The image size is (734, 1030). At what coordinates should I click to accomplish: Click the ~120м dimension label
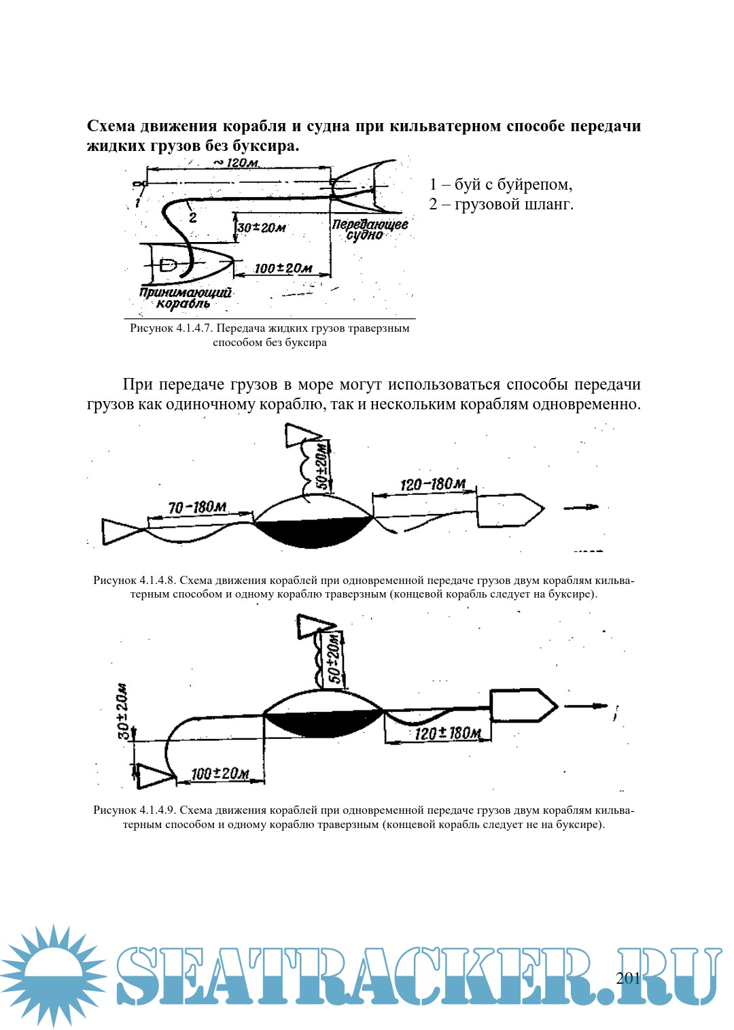tap(236, 162)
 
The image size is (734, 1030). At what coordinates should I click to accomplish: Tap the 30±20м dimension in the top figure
tap(262, 227)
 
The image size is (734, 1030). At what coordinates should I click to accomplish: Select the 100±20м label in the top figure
tap(283, 268)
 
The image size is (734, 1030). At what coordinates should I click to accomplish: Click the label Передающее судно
tap(369, 229)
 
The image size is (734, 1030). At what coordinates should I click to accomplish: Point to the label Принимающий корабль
tap(185, 298)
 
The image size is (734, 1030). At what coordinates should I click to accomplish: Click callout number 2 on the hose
tap(193, 218)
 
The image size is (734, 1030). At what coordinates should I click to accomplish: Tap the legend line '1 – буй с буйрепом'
tap(501, 184)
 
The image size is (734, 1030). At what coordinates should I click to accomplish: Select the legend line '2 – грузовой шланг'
tap(501, 204)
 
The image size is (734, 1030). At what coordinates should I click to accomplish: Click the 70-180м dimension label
tap(197, 507)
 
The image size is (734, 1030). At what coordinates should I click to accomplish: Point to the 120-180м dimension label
tap(433, 484)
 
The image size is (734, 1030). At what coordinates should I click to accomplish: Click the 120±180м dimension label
tap(447, 733)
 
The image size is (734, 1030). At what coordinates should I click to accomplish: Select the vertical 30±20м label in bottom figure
tap(123, 710)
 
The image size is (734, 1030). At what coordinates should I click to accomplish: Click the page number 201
tap(628, 978)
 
